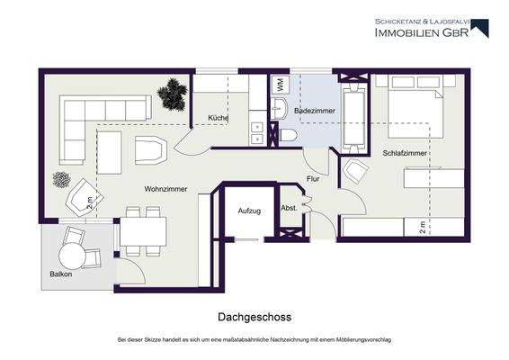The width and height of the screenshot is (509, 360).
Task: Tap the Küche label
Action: pyautogui.click(x=218, y=118)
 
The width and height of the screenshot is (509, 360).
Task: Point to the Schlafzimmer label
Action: pyautogui.click(x=404, y=154)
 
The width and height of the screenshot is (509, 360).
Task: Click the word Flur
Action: pyautogui.click(x=312, y=178)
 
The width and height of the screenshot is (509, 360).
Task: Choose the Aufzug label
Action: pyautogui.click(x=249, y=211)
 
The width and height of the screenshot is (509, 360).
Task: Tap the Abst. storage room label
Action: pyautogui.click(x=289, y=209)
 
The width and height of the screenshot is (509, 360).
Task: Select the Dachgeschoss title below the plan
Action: pyautogui.click(x=254, y=317)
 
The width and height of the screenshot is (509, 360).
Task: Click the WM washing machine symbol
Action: pyautogui.click(x=279, y=85)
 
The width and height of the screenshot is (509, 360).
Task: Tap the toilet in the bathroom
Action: pyautogui.click(x=289, y=133)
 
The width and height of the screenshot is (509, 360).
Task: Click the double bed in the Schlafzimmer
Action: pyautogui.click(x=412, y=114)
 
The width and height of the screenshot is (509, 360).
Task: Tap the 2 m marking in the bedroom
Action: pyautogui.click(x=422, y=227)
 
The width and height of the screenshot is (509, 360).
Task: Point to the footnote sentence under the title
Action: pyautogui.click(x=254, y=340)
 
